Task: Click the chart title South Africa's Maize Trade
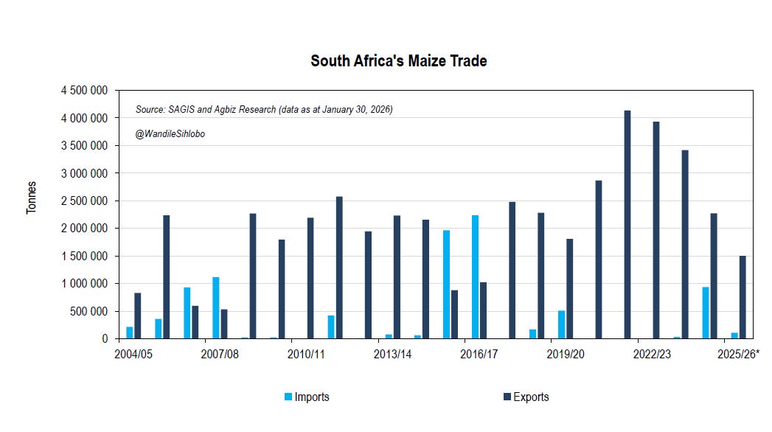tap(398, 61)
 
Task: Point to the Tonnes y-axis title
tap(31, 198)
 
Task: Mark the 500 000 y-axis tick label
tap(89, 311)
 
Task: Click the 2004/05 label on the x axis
tap(133, 355)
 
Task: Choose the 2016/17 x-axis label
tap(479, 355)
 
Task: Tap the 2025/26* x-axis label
tap(738, 355)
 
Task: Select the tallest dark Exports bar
tap(627, 225)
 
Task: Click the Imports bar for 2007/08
tap(216, 308)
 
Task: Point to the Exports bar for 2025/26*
tap(743, 298)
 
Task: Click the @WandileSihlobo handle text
tap(170, 133)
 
